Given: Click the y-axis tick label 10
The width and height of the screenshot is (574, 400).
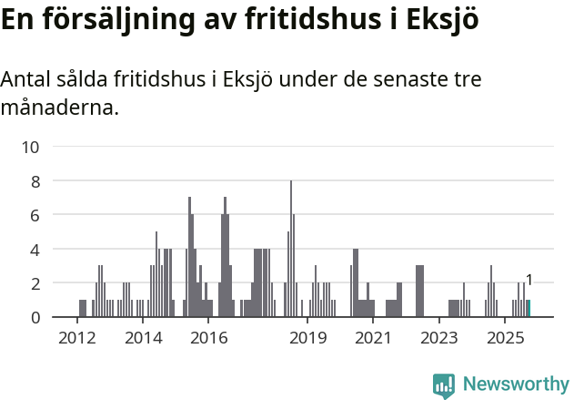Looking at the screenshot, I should pos(30,147).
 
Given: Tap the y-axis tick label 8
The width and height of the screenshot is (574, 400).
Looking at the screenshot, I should pos(35,181).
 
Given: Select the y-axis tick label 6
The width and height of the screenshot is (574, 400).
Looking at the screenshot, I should pos(35,215).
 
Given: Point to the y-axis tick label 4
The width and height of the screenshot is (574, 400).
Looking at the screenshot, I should pos(35,249).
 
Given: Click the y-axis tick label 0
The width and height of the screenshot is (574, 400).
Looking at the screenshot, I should pos(35,317).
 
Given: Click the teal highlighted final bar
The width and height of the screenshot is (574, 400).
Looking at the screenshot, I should pos(529,309).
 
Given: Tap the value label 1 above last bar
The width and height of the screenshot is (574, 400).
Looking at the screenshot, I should pos(529,281).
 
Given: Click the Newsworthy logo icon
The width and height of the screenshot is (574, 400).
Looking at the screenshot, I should pos(444,385).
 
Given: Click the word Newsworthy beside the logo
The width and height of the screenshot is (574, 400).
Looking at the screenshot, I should pos(516,385).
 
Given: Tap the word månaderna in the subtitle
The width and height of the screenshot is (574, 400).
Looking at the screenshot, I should pos(59,108).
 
